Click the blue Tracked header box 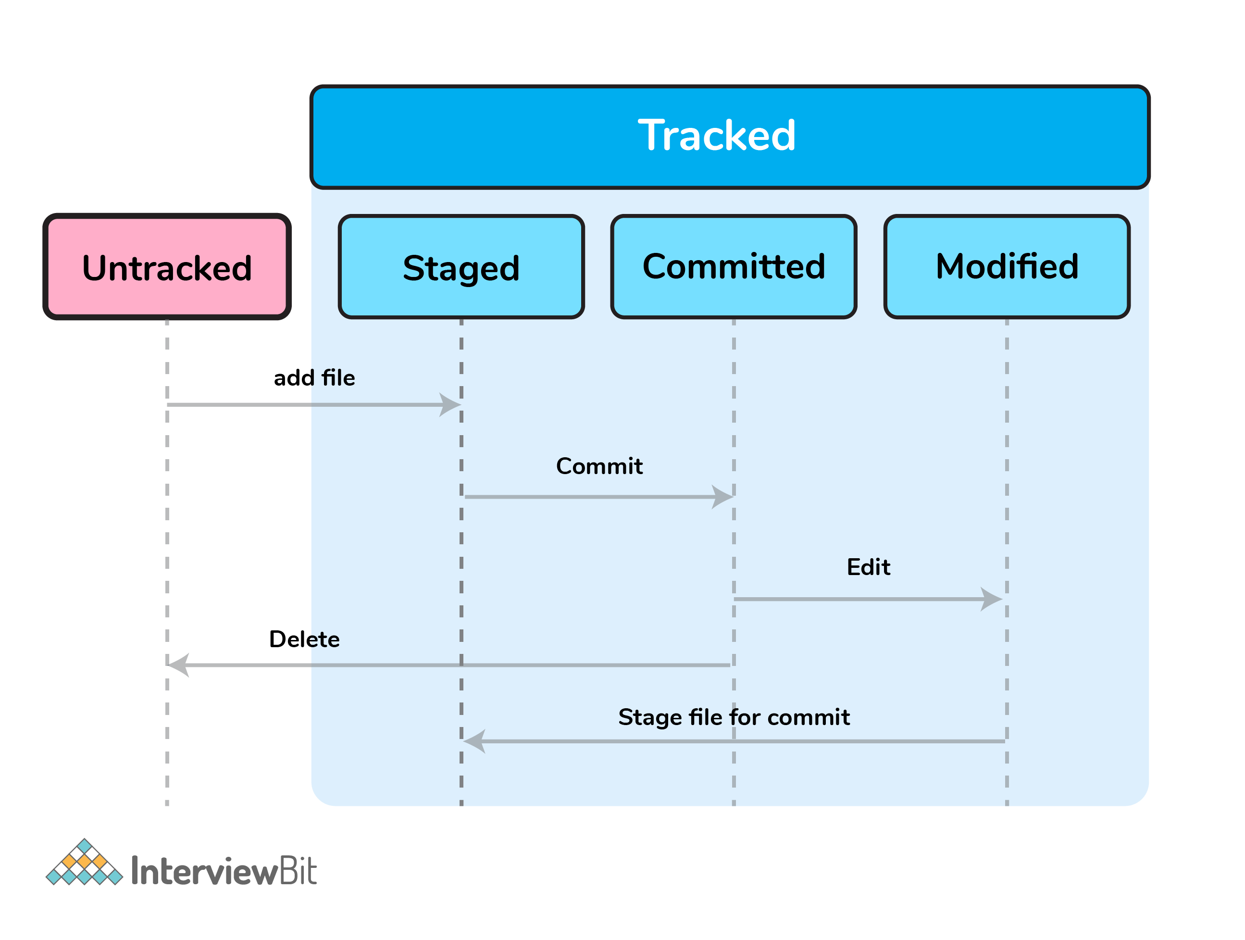(x=730, y=137)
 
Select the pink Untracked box (x=167, y=267)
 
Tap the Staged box (x=461, y=267)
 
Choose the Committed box (x=734, y=267)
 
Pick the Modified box (x=1007, y=267)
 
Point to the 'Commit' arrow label (x=599, y=466)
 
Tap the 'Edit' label (x=869, y=567)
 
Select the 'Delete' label (x=304, y=639)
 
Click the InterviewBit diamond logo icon (x=85, y=862)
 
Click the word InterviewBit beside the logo (x=224, y=871)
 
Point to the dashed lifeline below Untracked (x=167, y=563)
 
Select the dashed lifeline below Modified (x=1007, y=563)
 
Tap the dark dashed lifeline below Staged (x=461, y=563)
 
